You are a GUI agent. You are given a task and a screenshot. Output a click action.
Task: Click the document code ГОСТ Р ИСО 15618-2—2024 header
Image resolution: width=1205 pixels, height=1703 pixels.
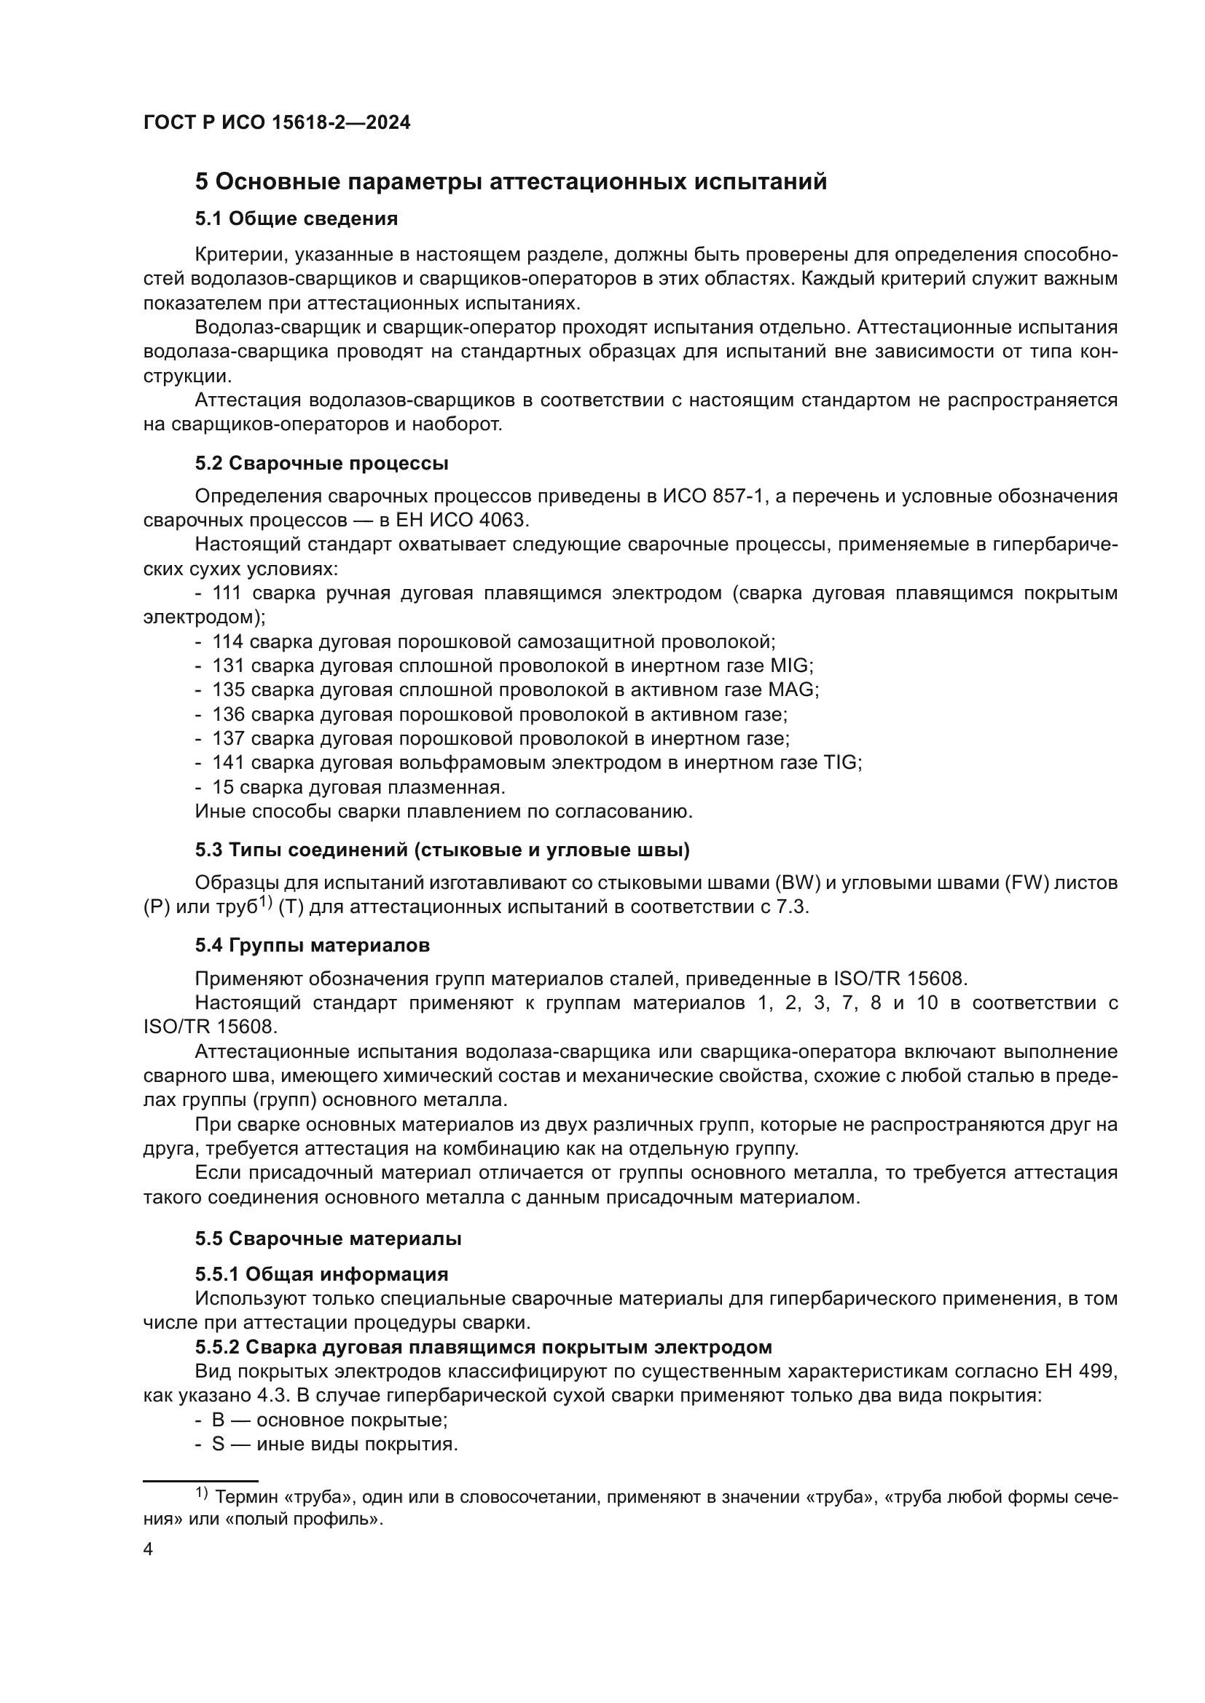coord(276,123)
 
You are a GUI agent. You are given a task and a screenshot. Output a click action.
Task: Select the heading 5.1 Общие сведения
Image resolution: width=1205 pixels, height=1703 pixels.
coord(296,219)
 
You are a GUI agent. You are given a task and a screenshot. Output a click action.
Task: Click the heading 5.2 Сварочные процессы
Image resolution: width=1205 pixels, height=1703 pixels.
coord(321,464)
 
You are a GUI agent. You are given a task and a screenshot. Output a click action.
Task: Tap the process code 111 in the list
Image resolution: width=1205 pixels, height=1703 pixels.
coord(227,593)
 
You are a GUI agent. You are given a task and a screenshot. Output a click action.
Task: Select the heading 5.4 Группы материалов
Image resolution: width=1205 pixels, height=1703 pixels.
coord(313,946)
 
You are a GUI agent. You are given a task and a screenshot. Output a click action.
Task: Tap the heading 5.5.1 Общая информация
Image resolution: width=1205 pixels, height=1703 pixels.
coord(321,1274)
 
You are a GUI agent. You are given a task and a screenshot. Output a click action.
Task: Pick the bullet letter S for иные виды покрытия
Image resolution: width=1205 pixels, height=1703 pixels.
coord(218,1444)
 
